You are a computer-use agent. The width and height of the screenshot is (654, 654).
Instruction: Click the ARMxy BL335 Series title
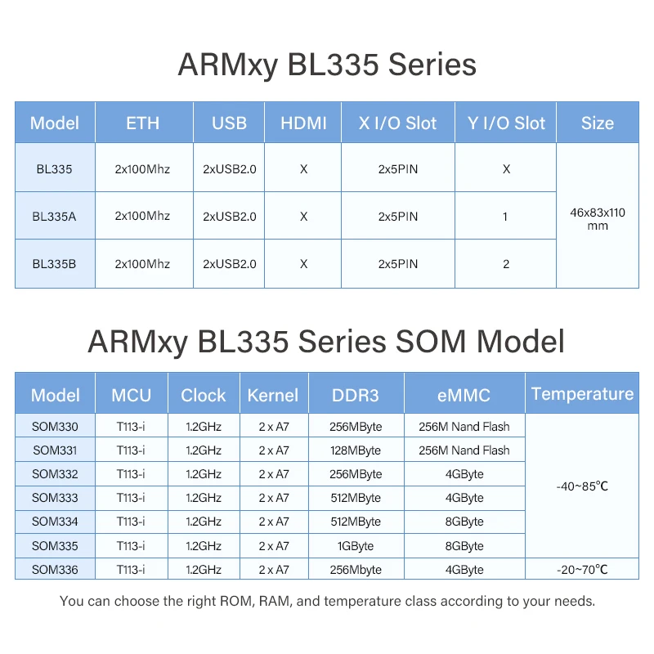pyautogui.click(x=327, y=65)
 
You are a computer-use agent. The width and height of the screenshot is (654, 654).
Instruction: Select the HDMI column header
pyautogui.click(x=303, y=123)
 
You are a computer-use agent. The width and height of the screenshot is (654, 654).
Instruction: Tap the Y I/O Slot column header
pyautogui.click(x=506, y=123)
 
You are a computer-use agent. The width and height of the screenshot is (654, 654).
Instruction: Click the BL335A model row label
pyautogui.click(x=55, y=217)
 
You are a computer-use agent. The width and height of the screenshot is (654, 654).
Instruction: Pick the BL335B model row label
pyautogui.click(x=55, y=264)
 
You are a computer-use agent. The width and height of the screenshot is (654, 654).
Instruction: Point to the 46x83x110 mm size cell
pyautogui.click(x=598, y=218)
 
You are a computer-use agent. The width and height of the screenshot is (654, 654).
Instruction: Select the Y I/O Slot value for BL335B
pyautogui.click(x=506, y=264)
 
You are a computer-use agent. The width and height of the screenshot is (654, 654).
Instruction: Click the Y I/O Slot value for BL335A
pyautogui.click(x=506, y=217)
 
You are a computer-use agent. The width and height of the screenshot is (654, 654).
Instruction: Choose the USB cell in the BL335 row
pyautogui.click(x=230, y=169)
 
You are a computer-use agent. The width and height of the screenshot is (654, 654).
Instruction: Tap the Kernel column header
pyautogui.click(x=273, y=395)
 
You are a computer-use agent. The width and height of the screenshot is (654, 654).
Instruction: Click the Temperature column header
pyautogui.click(x=582, y=394)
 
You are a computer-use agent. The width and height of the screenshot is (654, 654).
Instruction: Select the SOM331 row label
pyautogui.click(x=56, y=450)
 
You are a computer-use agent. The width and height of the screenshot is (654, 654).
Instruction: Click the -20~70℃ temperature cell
pyautogui.click(x=582, y=570)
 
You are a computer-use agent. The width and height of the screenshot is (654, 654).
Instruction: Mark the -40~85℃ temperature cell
pyautogui.click(x=582, y=486)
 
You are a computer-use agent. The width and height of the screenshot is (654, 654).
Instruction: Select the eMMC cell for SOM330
pyautogui.click(x=464, y=427)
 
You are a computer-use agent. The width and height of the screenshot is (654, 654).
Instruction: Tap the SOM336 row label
pyautogui.click(x=56, y=570)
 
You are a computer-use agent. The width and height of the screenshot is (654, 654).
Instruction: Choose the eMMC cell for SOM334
pyautogui.click(x=464, y=522)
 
